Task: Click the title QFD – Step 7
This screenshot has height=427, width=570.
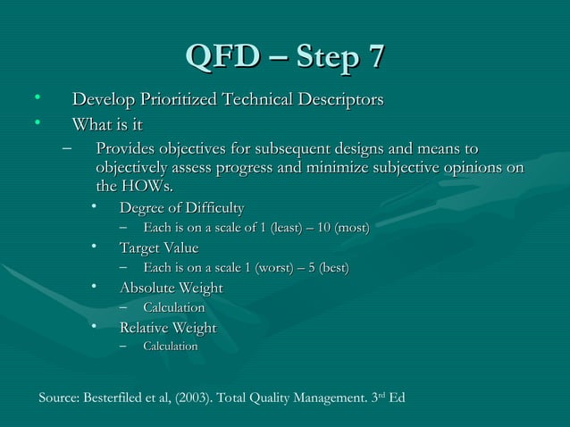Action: (x=285, y=54)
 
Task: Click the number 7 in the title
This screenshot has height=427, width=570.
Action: (x=377, y=54)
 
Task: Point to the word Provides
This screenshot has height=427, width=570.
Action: (x=125, y=147)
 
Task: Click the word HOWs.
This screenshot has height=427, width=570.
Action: (x=146, y=187)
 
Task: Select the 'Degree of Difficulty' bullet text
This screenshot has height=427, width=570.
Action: (x=181, y=208)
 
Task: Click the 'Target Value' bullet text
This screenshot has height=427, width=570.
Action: (x=159, y=247)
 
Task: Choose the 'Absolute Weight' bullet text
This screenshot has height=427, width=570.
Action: (x=171, y=288)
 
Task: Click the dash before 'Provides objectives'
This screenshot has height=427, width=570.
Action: (x=68, y=148)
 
